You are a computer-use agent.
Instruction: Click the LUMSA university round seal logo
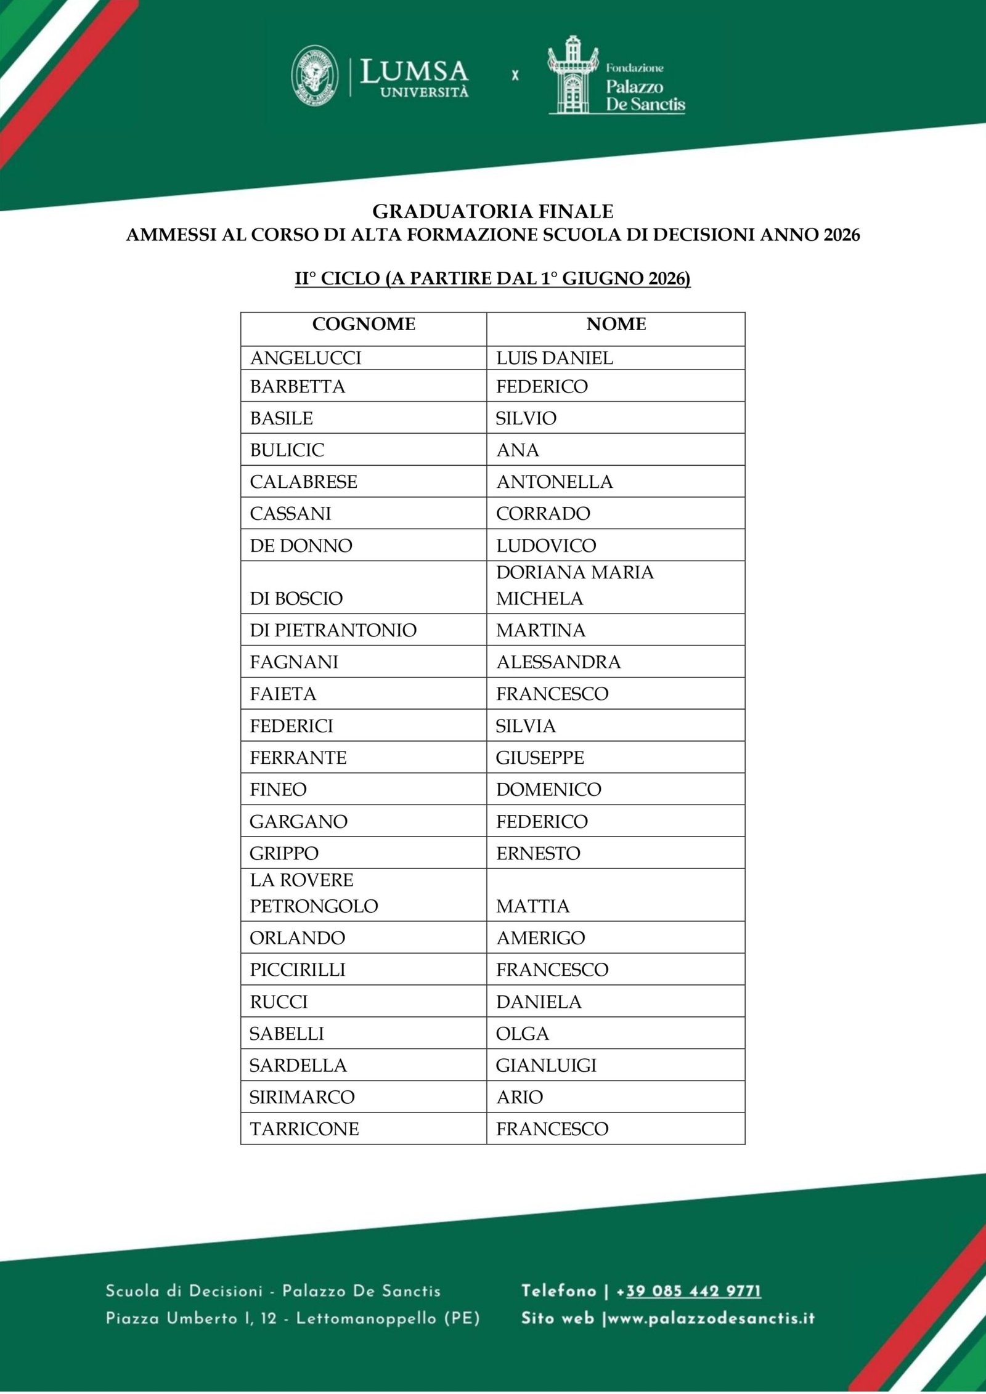tap(314, 75)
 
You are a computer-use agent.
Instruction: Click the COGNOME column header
tap(364, 324)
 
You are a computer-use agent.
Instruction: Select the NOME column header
tap(616, 324)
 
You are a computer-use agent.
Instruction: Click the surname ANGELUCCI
tap(306, 358)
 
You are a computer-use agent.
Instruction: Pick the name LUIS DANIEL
tap(555, 358)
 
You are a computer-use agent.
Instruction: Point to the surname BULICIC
tap(287, 450)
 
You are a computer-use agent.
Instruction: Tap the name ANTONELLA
tap(555, 482)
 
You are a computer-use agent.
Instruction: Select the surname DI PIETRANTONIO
tap(333, 630)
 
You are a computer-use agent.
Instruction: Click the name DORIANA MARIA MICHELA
tap(574, 585)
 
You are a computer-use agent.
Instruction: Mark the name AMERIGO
tap(540, 938)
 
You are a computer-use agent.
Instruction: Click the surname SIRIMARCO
tap(302, 1097)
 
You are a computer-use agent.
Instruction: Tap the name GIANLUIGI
tap(546, 1066)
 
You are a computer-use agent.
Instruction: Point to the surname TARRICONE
tap(304, 1129)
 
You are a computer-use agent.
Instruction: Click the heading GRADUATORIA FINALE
tap(493, 212)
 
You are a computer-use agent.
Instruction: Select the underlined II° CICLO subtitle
tap(493, 278)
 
